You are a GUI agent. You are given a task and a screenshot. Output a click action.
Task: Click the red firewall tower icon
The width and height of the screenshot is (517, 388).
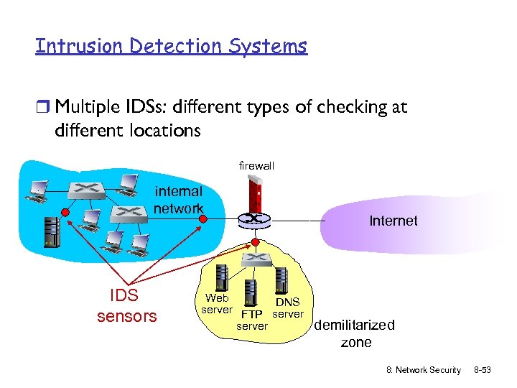pos(252,195)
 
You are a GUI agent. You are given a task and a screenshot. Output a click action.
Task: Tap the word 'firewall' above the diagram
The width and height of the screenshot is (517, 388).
pos(256,166)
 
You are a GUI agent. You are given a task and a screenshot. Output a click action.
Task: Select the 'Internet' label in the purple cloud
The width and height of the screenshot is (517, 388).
pos(393,221)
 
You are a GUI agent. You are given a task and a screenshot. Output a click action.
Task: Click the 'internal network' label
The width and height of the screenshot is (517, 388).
pos(178,200)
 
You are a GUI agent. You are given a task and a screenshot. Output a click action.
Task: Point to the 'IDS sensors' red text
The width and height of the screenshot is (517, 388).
pos(126,306)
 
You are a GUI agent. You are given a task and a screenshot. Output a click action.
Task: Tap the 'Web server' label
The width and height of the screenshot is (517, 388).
pos(216,303)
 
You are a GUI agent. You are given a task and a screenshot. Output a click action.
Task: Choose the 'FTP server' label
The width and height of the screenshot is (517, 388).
pos(252,320)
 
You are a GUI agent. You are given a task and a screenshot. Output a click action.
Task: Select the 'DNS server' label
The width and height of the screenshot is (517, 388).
pos(288,308)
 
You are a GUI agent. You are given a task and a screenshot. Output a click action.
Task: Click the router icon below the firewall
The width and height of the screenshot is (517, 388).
pos(252,218)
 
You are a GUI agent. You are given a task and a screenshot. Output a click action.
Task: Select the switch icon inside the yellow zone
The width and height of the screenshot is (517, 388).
pos(253,257)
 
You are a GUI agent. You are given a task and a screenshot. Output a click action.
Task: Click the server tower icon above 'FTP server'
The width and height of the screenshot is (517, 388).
pos(251,291)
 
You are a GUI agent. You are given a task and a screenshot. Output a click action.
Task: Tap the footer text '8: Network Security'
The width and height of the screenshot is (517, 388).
pos(424,369)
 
